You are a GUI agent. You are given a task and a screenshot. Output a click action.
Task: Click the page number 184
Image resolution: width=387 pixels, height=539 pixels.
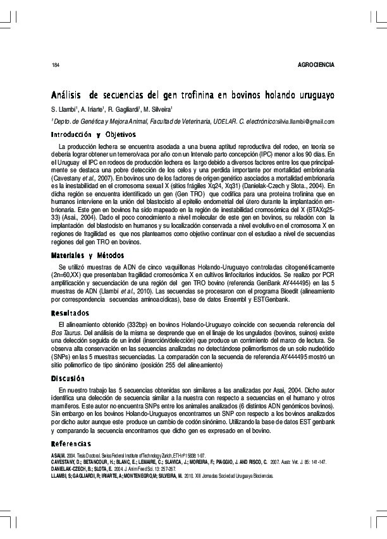pos(56,66)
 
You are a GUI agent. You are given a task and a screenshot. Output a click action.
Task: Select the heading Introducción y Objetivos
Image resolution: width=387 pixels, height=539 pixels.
pos(93,134)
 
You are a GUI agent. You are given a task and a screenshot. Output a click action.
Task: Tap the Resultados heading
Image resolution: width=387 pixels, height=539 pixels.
pos(71,313)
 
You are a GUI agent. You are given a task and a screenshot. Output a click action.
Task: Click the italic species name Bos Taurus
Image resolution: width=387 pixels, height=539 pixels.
pos(66,331)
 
